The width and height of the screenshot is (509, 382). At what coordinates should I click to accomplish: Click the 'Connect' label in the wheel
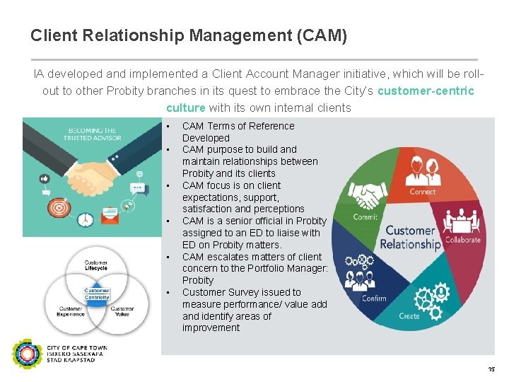[x=423, y=192]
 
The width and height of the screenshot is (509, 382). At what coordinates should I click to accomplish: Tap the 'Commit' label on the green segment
[x=365, y=217]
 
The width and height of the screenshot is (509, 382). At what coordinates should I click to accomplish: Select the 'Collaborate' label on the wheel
[x=463, y=239]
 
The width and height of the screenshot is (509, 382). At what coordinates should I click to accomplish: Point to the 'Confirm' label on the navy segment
[x=374, y=298]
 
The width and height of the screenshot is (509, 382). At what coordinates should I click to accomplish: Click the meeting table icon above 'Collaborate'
[x=463, y=220]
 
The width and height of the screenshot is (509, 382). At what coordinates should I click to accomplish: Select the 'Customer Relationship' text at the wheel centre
[x=410, y=238]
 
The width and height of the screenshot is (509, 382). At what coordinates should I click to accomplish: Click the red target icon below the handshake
[x=60, y=209]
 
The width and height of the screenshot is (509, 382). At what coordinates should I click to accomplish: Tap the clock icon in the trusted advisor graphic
[x=86, y=219]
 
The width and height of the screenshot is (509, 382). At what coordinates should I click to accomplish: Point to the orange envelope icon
[x=111, y=211]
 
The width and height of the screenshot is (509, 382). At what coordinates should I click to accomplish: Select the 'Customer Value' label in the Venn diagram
[x=122, y=311]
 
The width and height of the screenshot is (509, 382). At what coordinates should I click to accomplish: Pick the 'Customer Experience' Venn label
[x=71, y=311]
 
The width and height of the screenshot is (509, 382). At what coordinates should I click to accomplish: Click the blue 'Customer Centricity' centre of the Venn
[x=97, y=294]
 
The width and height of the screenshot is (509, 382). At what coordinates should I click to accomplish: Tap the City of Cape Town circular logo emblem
[x=27, y=354]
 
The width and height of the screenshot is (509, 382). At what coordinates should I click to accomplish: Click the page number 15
[x=492, y=370]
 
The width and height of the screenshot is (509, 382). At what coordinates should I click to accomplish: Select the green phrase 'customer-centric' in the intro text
[x=426, y=91]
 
